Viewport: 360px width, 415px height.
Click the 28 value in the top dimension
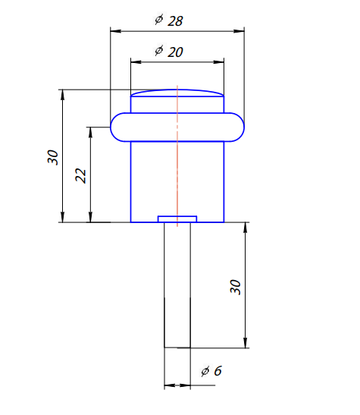click(175, 21)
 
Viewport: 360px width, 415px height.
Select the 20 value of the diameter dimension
click(175, 52)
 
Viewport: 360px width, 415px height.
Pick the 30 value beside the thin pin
click(235, 286)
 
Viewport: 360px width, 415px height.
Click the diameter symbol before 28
click(158, 20)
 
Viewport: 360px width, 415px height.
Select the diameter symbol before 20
click(158, 51)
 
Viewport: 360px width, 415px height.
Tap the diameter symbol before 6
click(205, 371)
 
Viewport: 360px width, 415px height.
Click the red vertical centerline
click(177, 167)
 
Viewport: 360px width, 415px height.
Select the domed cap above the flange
click(177, 96)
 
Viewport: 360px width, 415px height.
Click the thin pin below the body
click(177, 288)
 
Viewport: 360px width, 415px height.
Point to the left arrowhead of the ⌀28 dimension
click(114, 31)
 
